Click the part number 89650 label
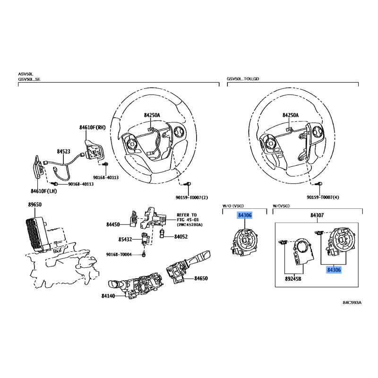[34, 205]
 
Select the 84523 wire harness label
[63, 151]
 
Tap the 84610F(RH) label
[93, 127]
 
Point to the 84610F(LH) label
[43, 191]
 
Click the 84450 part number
[113, 224]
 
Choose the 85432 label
[125, 240]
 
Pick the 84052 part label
[181, 237]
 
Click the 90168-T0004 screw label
[119, 255]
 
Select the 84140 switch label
[108, 296]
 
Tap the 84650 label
[201, 278]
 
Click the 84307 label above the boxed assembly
[317, 215]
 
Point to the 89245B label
[293, 279]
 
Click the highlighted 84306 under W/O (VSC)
[245, 215]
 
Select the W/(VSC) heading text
[281, 206]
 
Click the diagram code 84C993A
[352, 302]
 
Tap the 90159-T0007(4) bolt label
[323, 198]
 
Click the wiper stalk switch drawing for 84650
[188, 267]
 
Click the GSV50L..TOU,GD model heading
[243, 79]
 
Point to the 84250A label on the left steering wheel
[152, 115]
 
